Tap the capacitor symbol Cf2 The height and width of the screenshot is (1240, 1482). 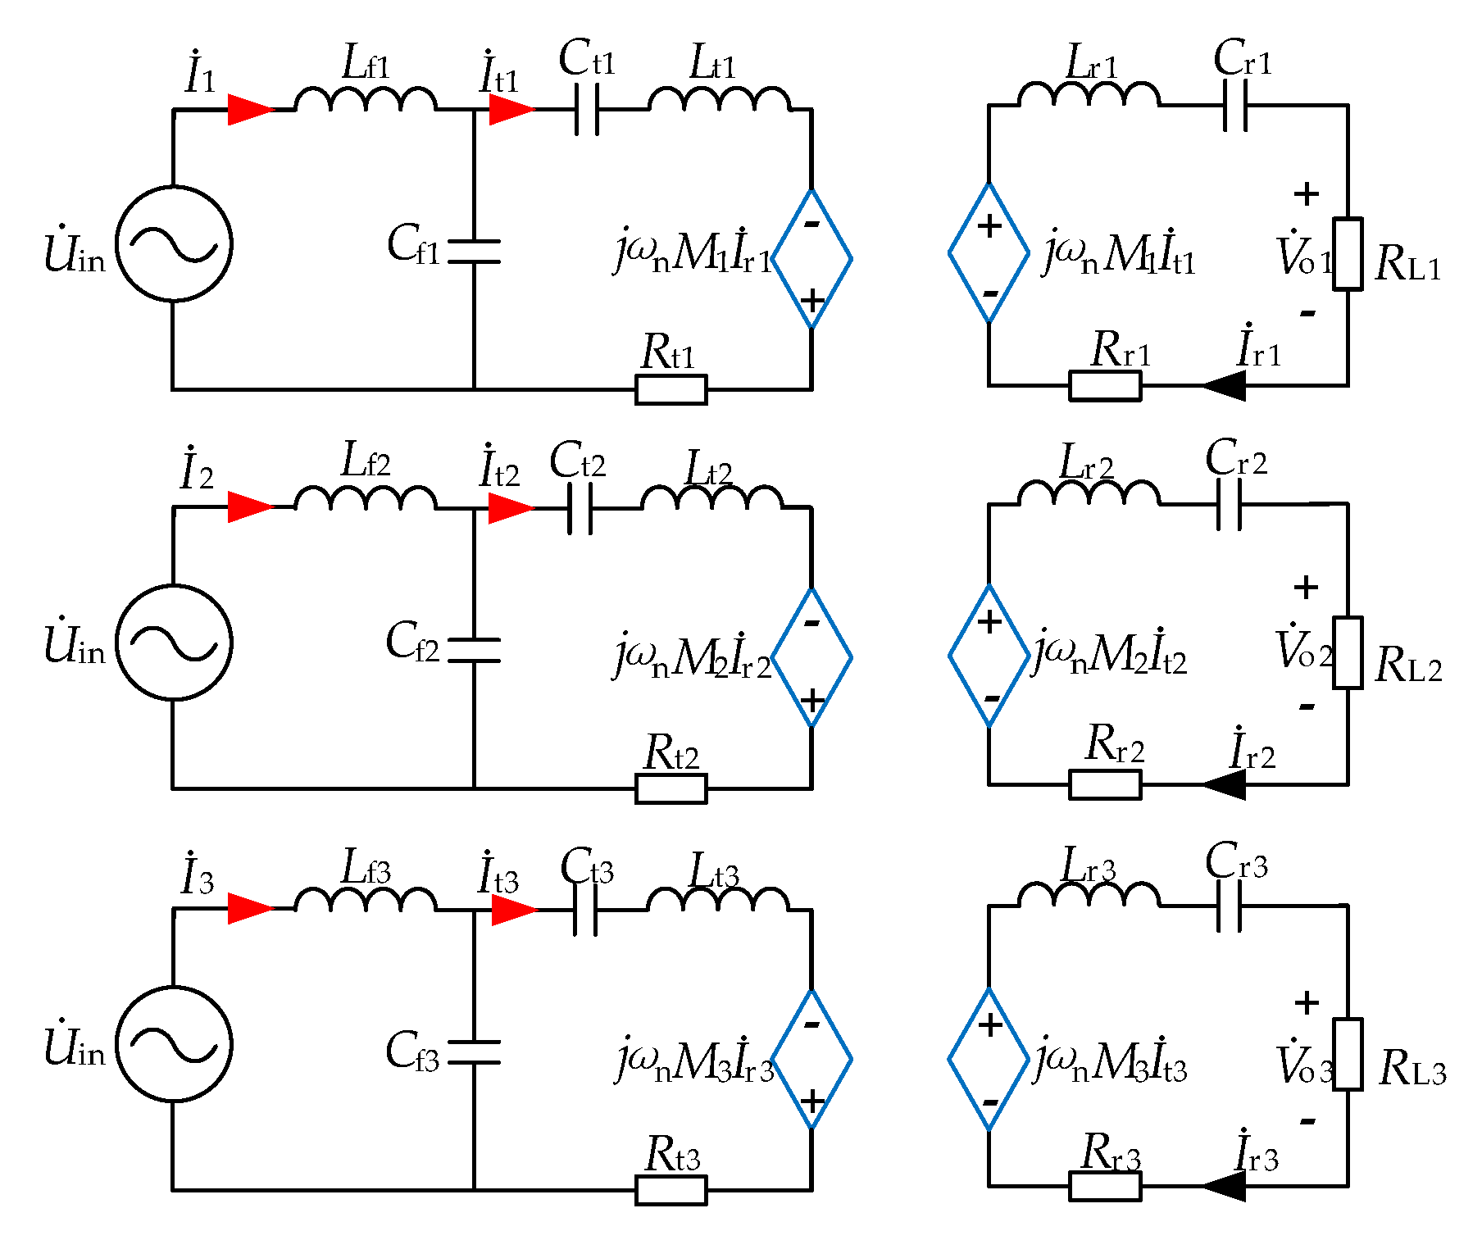[x=474, y=650]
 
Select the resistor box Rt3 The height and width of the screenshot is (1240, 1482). [x=671, y=1190]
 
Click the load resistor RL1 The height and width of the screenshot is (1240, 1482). [x=1348, y=254]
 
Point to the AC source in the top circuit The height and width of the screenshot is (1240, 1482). [x=174, y=243]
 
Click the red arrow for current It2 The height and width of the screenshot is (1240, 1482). [x=510, y=508]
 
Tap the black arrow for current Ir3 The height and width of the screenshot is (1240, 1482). [x=1225, y=1186]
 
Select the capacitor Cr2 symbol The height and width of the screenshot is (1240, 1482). [x=1229, y=504]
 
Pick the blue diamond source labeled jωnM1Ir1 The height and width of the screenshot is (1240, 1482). [x=811, y=259]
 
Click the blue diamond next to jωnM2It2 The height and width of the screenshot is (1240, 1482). [x=989, y=656]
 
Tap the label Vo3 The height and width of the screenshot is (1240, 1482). [x=1303, y=1063]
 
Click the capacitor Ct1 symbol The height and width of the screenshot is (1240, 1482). [x=586, y=109]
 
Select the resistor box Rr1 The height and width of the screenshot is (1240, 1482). [x=1105, y=385]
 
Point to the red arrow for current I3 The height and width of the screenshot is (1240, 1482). [x=249, y=908]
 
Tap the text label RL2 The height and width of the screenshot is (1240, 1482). [x=1408, y=665]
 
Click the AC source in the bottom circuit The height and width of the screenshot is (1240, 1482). [x=174, y=1044]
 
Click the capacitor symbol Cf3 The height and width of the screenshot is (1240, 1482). [x=474, y=1052]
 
